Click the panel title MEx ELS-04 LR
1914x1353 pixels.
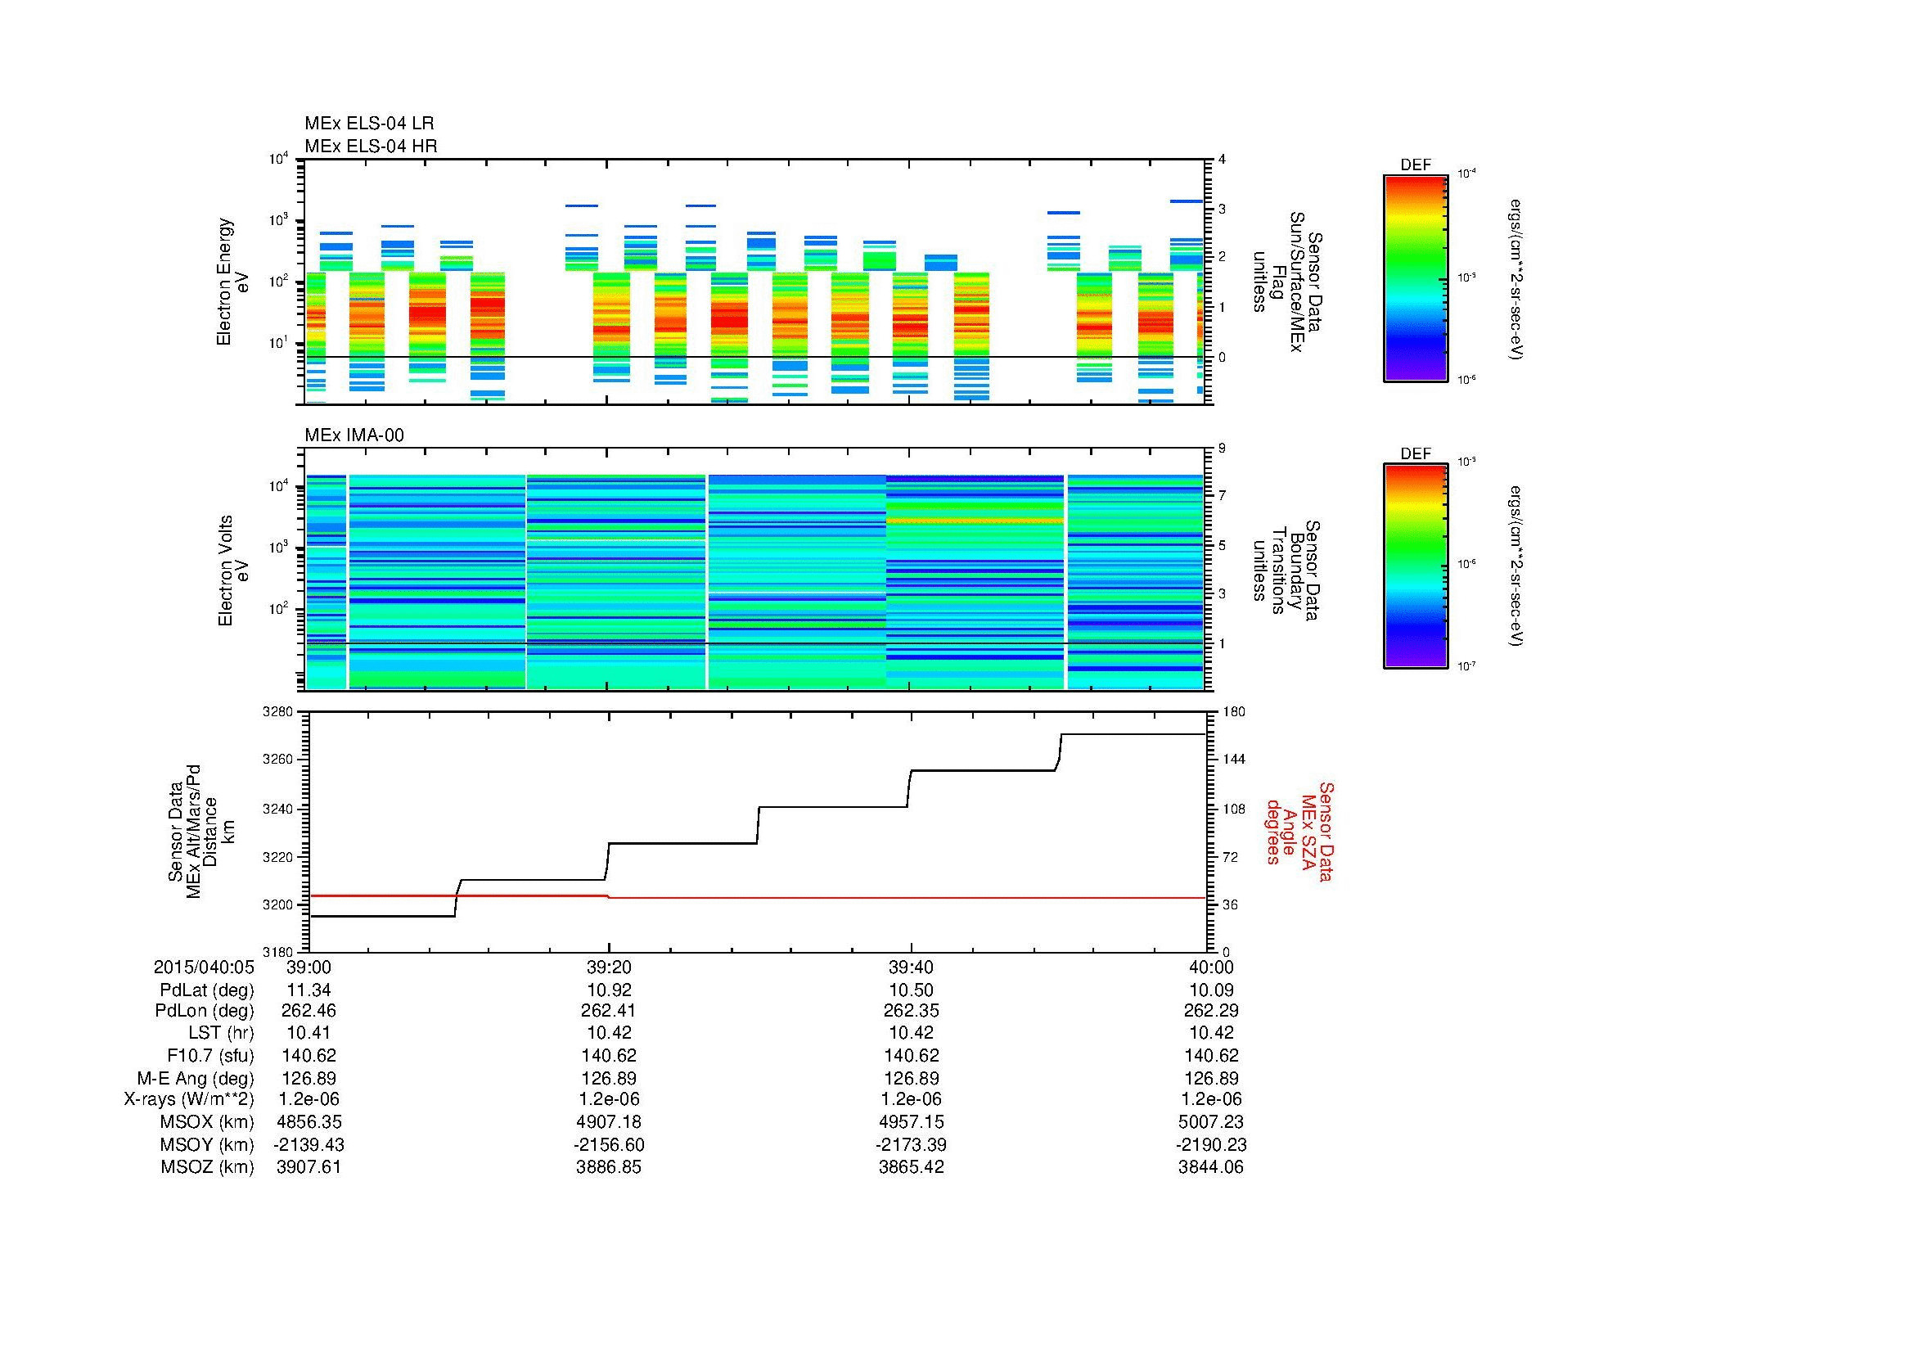pos(369,124)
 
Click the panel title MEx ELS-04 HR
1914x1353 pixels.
pos(370,146)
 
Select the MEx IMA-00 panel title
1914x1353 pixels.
pos(354,435)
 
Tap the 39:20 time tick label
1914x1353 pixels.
pos(609,967)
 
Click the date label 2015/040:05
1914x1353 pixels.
pos(204,967)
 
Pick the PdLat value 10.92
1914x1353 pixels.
pos(609,990)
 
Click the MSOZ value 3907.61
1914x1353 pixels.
pos(308,1167)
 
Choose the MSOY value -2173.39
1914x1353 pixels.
pos(910,1144)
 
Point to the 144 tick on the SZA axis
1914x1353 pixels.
pos(1234,760)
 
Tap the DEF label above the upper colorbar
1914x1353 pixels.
pos(1415,165)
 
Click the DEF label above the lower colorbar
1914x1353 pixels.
pos(1415,453)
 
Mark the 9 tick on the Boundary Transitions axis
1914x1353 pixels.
pos(1222,449)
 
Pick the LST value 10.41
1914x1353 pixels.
pos(308,1034)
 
